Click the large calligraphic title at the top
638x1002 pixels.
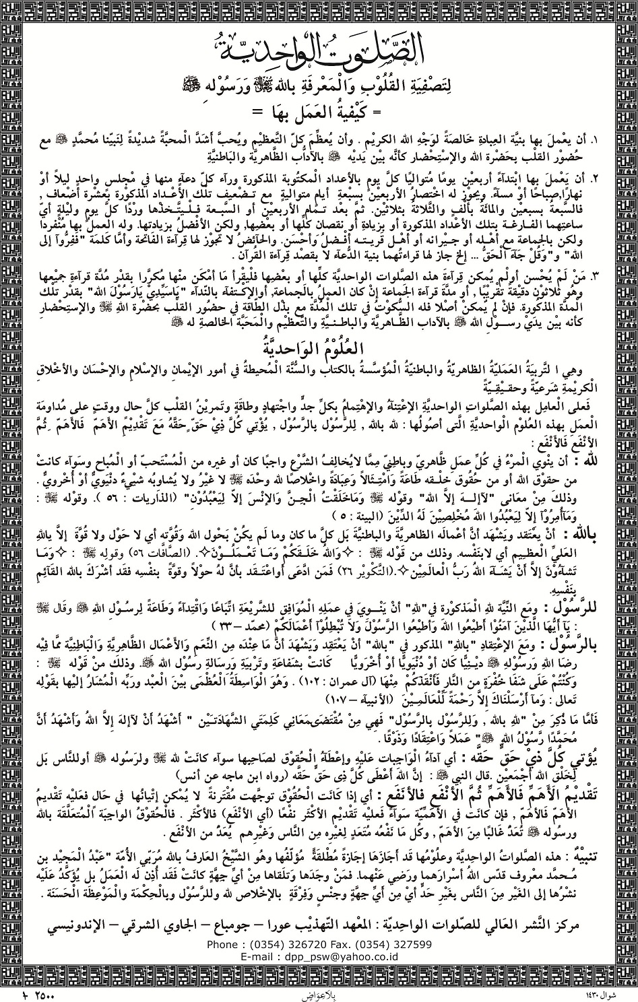coord(319,46)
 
